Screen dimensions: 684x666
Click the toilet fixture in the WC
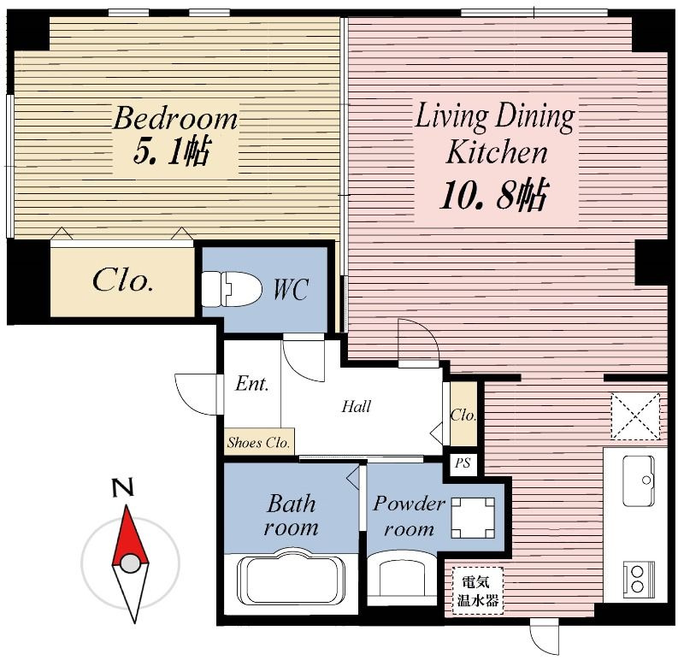231,289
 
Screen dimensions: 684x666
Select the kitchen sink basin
638,480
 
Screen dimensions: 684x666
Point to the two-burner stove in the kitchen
639,580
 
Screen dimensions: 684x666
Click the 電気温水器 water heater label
477,591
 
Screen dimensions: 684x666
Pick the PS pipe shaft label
463,463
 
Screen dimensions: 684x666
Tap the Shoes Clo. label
258,443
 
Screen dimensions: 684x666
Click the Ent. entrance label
251,384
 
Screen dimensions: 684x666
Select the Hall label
356,406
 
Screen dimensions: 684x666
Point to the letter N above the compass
122,488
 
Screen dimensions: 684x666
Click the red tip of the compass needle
127,506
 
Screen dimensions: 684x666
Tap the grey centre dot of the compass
130,563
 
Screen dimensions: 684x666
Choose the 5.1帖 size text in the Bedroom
173,150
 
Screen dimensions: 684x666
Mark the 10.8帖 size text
493,195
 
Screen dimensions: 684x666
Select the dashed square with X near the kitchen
635,416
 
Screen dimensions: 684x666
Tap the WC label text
291,289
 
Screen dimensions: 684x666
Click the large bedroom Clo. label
122,280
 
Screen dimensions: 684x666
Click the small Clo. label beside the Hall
463,415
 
